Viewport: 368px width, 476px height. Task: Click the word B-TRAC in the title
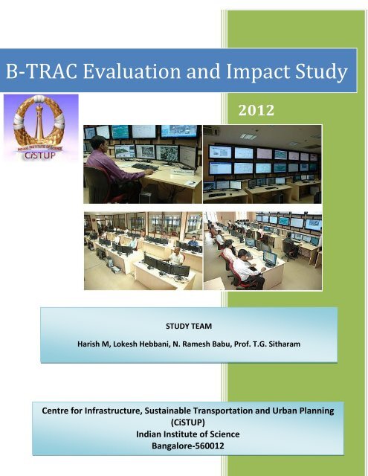point(39,73)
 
